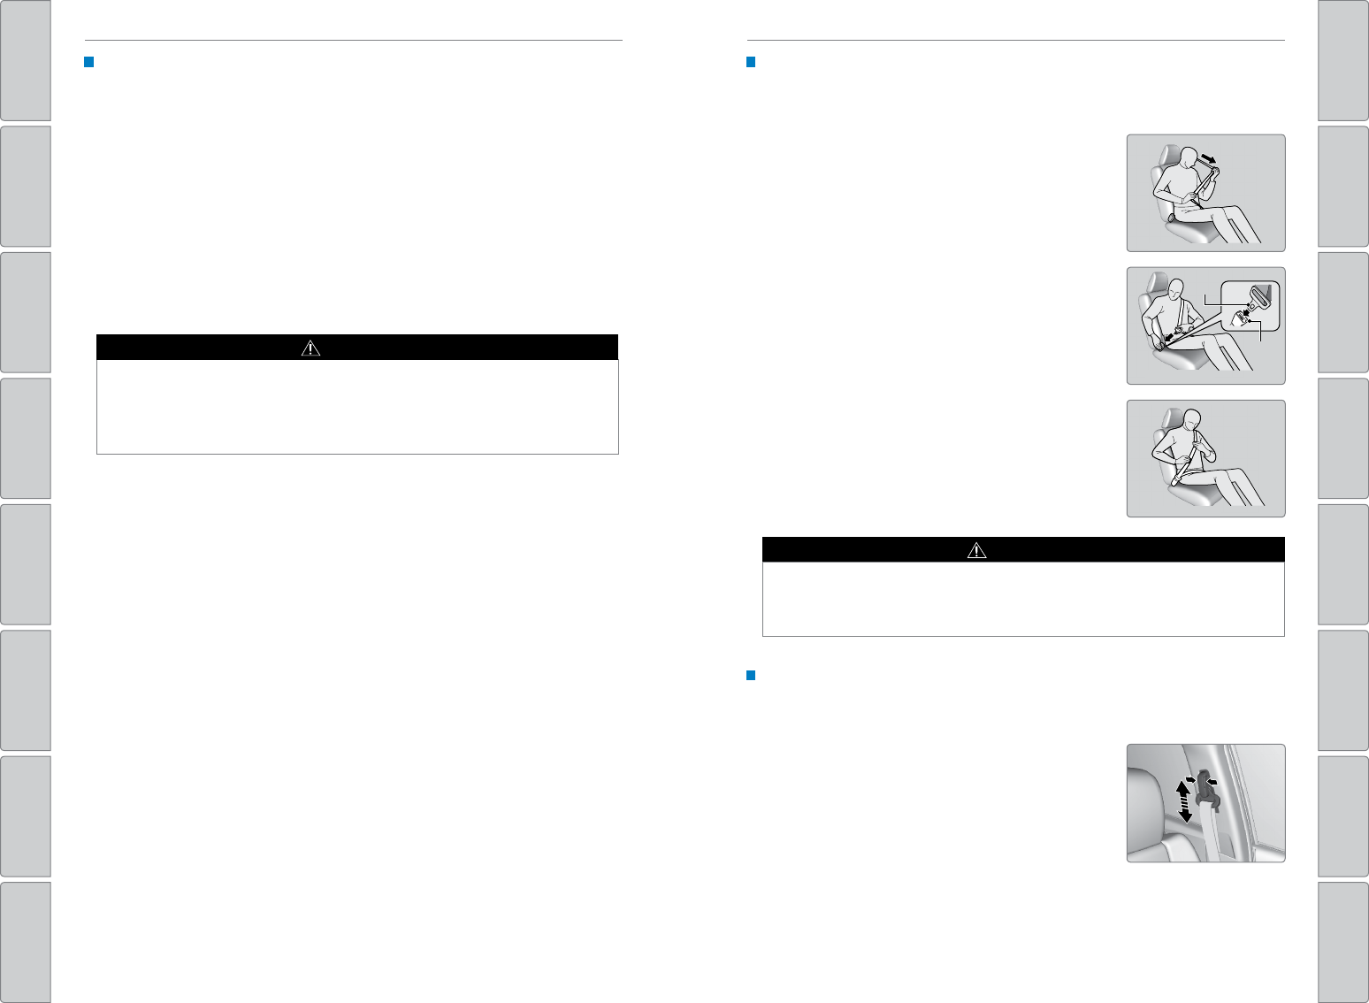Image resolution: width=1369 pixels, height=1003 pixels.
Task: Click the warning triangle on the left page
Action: click(x=310, y=348)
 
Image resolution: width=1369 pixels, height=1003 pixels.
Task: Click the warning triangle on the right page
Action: click(x=976, y=550)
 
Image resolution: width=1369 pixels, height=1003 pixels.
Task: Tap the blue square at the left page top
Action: click(x=88, y=62)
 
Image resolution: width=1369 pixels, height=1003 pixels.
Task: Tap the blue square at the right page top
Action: click(x=751, y=62)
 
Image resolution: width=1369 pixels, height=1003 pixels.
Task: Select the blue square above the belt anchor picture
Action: click(x=751, y=676)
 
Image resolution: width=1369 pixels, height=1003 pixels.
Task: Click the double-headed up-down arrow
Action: click(x=1185, y=801)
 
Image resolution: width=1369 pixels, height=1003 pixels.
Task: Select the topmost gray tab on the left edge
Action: click(x=25, y=59)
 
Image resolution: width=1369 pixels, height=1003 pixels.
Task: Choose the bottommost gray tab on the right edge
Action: click(x=1342, y=942)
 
